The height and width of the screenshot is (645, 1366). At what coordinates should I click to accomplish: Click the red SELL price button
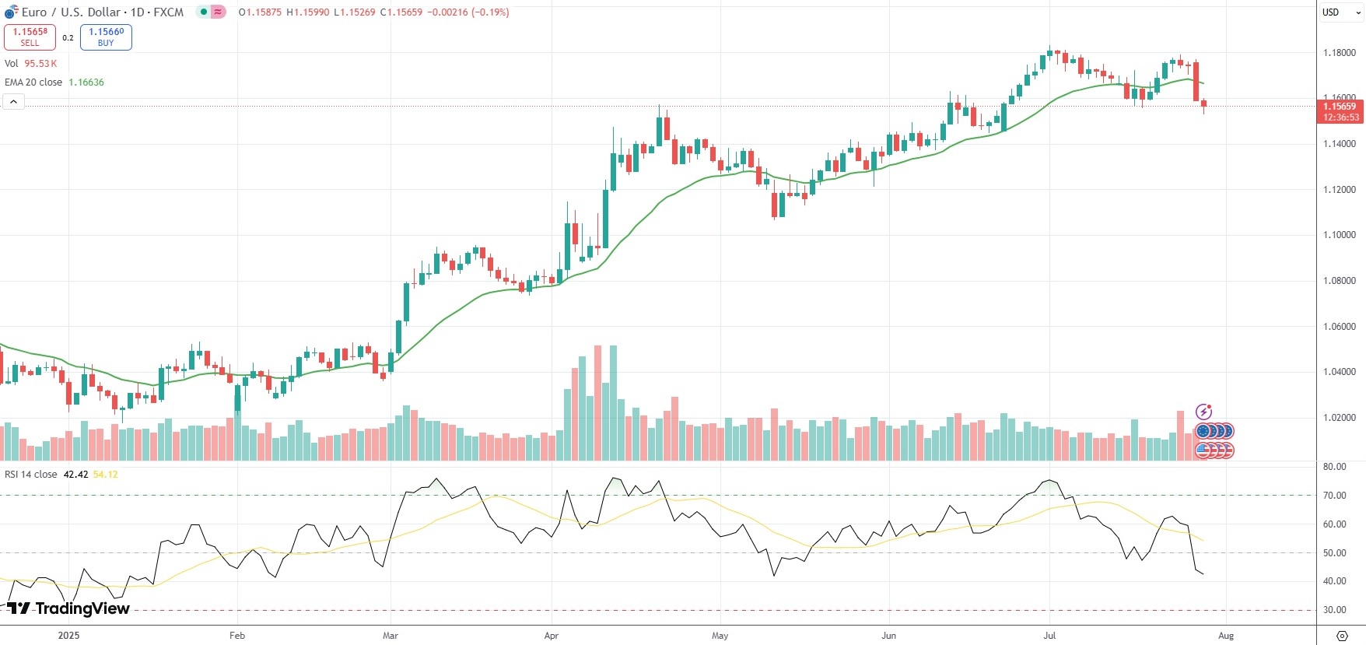pyautogui.click(x=30, y=37)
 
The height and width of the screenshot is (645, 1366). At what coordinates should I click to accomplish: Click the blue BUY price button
pyautogui.click(x=106, y=37)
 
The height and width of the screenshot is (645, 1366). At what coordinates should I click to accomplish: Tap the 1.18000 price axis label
pyautogui.click(x=1339, y=53)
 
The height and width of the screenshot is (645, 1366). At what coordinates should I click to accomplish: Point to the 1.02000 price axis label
pyautogui.click(x=1339, y=418)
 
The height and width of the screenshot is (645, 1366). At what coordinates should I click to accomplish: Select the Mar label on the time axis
pyautogui.click(x=391, y=636)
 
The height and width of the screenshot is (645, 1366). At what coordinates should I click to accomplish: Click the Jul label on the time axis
pyautogui.click(x=1049, y=636)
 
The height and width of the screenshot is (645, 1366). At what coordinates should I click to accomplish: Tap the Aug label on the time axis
pyautogui.click(x=1226, y=636)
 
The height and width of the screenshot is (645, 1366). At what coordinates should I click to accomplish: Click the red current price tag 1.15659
pyautogui.click(x=1340, y=107)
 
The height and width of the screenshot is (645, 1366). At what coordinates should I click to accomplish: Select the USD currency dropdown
pyautogui.click(x=1340, y=12)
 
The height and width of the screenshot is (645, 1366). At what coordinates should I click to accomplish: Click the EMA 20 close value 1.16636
pyautogui.click(x=86, y=82)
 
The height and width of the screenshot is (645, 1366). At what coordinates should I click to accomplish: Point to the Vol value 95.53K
pyautogui.click(x=40, y=64)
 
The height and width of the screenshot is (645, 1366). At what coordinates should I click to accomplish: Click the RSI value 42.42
pyautogui.click(x=75, y=475)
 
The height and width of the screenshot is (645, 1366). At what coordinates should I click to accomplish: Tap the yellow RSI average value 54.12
pyautogui.click(x=106, y=475)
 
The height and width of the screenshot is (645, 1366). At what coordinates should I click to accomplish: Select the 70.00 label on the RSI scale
pyautogui.click(x=1334, y=496)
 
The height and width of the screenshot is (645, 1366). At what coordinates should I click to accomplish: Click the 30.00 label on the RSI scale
pyautogui.click(x=1334, y=610)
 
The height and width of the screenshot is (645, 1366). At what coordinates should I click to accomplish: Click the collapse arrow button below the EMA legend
pyautogui.click(x=13, y=102)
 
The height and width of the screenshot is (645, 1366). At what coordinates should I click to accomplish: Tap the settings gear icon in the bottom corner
pyautogui.click(x=1342, y=636)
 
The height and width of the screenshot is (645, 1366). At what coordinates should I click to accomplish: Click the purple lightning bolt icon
pyautogui.click(x=1203, y=412)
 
